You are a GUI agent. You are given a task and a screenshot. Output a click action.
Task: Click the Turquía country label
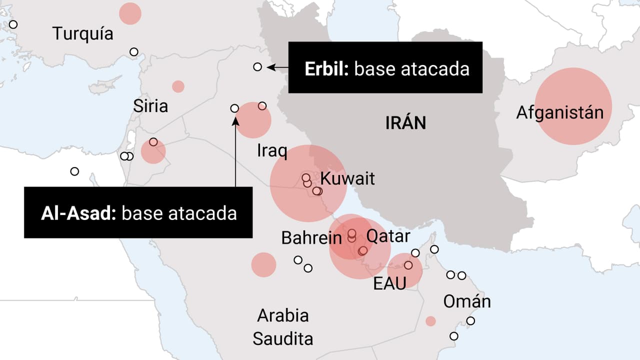(x=83, y=34)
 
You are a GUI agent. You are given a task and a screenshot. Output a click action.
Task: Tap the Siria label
(x=150, y=106)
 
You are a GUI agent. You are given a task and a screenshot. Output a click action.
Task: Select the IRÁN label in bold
(x=405, y=122)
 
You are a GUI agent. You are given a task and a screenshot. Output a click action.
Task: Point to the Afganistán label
(x=560, y=112)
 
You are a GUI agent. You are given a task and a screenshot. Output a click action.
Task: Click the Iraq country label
(x=272, y=150)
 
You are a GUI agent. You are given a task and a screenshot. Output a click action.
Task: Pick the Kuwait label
(x=347, y=178)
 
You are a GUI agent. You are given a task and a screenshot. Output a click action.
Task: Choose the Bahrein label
(x=311, y=238)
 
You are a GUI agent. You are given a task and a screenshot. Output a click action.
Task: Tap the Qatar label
(x=388, y=236)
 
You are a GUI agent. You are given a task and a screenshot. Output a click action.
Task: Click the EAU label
(x=389, y=283)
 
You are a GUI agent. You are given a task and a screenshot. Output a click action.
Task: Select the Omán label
(x=467, y=301)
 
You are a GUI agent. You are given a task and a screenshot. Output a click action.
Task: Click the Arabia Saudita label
(x=283, y=327)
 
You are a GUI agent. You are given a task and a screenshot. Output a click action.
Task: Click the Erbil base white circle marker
(x=257, y=66)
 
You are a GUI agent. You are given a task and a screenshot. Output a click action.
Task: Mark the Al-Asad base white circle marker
(x=234, y=108)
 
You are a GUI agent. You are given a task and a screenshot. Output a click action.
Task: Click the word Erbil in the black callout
(x=326, y=68)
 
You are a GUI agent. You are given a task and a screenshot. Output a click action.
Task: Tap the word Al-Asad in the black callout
(x=78, y=213)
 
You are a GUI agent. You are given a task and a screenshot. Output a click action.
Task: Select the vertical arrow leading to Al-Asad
(x=235, y=150)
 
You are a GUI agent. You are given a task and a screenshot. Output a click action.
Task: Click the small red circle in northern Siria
(x=178, y=86)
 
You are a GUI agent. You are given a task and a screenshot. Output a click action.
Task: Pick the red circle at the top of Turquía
(x=130, y=13)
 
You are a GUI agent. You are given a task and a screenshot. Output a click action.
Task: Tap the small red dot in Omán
(x=430, y=321)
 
